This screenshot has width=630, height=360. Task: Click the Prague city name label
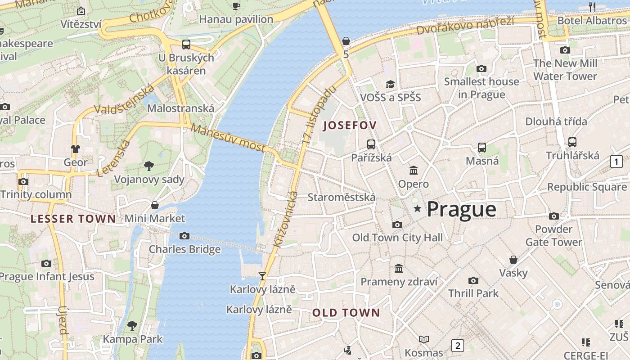461,209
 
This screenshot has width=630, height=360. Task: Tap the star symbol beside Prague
417,209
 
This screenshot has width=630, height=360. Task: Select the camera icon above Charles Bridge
184,236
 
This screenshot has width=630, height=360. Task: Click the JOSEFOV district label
350,126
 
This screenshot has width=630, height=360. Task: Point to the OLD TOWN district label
346,313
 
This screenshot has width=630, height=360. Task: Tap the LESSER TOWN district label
73,219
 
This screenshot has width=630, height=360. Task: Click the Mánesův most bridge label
228,138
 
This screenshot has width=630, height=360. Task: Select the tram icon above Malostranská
186,45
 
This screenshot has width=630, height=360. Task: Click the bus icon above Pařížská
371,144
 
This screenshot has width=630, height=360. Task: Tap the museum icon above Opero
414,171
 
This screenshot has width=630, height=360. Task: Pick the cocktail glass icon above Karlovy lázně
262,276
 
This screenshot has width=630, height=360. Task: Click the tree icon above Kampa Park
132,325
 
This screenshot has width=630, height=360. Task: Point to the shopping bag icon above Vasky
513,260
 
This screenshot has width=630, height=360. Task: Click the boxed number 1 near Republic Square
616,162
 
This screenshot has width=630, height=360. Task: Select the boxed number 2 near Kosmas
458,346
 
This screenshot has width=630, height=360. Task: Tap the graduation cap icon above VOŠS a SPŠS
390,84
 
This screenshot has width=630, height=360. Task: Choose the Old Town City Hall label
397,238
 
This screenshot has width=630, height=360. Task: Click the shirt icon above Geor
75,148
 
